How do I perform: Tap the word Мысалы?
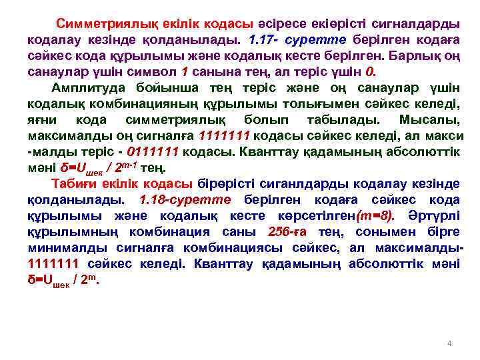click(429, 119)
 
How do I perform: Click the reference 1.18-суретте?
click(184, 199)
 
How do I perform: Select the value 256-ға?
click(288, 231)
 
